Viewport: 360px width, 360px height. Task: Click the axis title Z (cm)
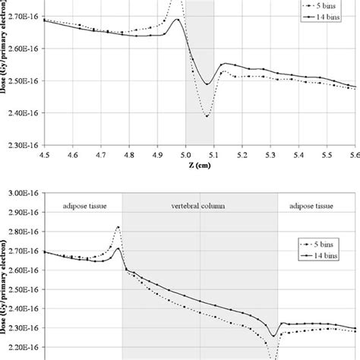point(200,166)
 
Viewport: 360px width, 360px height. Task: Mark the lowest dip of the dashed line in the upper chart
point(207,116)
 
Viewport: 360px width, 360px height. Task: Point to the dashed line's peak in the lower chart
point(118,226)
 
